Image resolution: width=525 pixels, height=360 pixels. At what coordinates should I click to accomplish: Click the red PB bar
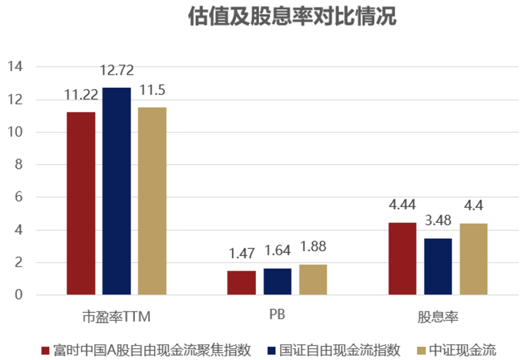pyautogui.click(x=242, y=283)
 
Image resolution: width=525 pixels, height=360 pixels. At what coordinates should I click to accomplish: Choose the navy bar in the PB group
pyautogui.click(x=278, y=281)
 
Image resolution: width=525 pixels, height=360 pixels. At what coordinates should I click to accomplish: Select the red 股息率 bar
pyautogui.click(x=402, y=258)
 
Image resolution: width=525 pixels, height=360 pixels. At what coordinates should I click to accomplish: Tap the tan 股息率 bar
pyautogui.click(x=473, y=259)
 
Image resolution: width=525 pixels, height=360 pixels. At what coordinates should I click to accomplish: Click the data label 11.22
pyautogui.click(x=81, y=94)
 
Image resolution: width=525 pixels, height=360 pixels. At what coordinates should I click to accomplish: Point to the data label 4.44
pyautogui.click(x=402, y=205)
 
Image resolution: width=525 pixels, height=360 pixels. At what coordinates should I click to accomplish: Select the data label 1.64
pyautogui.click(x=278, y=251)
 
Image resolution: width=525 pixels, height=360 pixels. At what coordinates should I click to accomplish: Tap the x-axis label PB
pyautogui.click(x=277, y=314)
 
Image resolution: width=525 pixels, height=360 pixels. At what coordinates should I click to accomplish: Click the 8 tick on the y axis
pyautogui.click(x=18, y=165)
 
